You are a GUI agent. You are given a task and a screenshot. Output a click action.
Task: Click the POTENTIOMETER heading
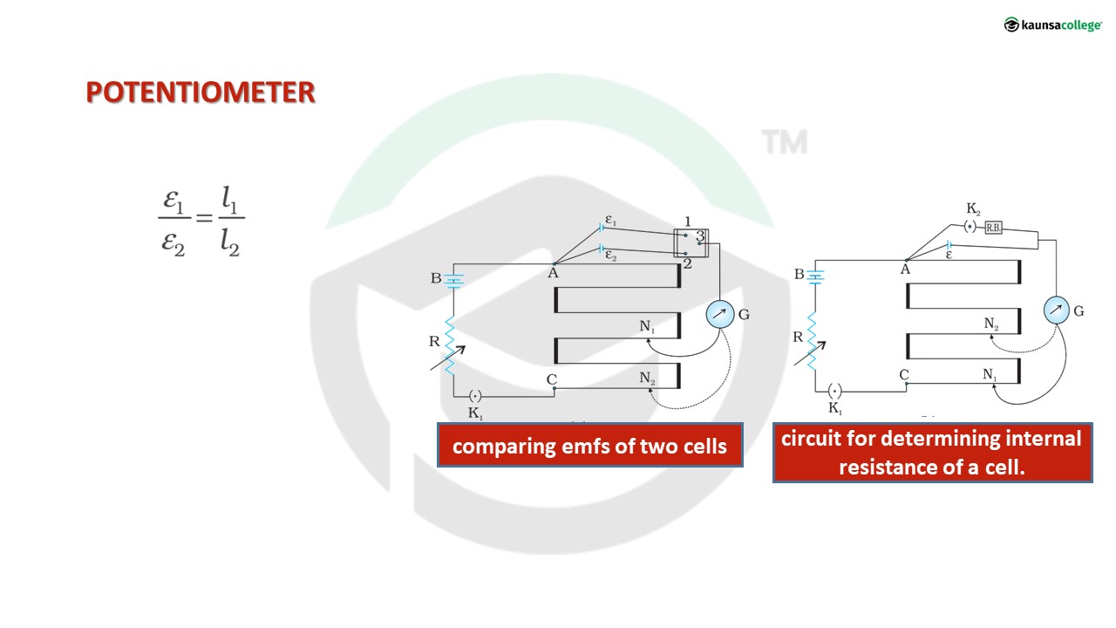tap(200, 92)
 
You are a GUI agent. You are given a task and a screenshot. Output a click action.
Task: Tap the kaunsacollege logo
tap(1052, 25)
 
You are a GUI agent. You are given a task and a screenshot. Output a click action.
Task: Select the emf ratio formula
tap(201, 224)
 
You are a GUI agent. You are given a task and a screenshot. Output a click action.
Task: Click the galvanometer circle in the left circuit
tap(720, 316)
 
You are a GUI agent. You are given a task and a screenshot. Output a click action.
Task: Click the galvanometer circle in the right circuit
tap(1056, 310)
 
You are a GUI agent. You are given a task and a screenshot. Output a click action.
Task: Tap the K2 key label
tap(973, 210)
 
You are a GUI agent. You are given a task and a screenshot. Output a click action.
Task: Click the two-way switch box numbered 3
tap(691, 243)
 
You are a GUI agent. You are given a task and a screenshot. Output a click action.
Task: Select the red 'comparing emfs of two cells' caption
tap(589, 446)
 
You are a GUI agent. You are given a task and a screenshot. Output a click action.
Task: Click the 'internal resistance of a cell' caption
tap(932, 453)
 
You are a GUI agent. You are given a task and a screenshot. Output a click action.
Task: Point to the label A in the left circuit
tap(553, 272)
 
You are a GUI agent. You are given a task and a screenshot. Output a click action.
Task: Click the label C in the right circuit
tap(904, 375)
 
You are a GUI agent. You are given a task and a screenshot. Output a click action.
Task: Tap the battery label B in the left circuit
tap(435, 279)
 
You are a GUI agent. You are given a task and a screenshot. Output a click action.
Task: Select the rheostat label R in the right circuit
tap(798, 337)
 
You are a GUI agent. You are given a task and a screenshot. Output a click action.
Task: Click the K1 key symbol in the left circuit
tap(475, 396)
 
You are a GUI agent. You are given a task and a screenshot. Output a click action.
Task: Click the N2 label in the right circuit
tap(992, 324)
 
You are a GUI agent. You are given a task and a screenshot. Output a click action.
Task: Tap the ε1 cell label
tap(610, 221)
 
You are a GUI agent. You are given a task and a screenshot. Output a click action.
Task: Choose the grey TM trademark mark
tap(785, 142)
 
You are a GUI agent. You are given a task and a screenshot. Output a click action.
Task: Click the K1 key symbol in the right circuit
tap(834, 391)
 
